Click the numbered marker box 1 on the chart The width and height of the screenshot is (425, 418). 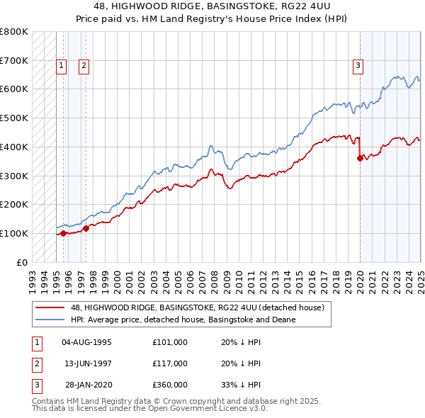coord(62,66)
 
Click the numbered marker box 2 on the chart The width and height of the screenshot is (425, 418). coord(84,66)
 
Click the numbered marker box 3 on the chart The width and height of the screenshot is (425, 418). coord(358,66)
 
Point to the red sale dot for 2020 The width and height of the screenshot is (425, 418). coord(360,158)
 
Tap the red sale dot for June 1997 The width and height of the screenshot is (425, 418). coord(86,228)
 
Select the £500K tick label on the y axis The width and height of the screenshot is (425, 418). coord(14,118)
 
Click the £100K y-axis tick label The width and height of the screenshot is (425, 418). coord(14,233)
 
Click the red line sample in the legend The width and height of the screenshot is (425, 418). coord(50,307)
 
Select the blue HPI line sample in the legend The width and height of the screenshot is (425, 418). coord(50,320)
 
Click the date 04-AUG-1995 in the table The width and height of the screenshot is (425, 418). coord(87,342)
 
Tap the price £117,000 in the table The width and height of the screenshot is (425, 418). coord(170,363)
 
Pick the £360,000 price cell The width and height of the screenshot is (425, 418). coord(170,385)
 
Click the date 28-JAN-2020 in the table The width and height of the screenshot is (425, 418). coord(88,385)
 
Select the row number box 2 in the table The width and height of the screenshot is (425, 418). coord(35,363)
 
